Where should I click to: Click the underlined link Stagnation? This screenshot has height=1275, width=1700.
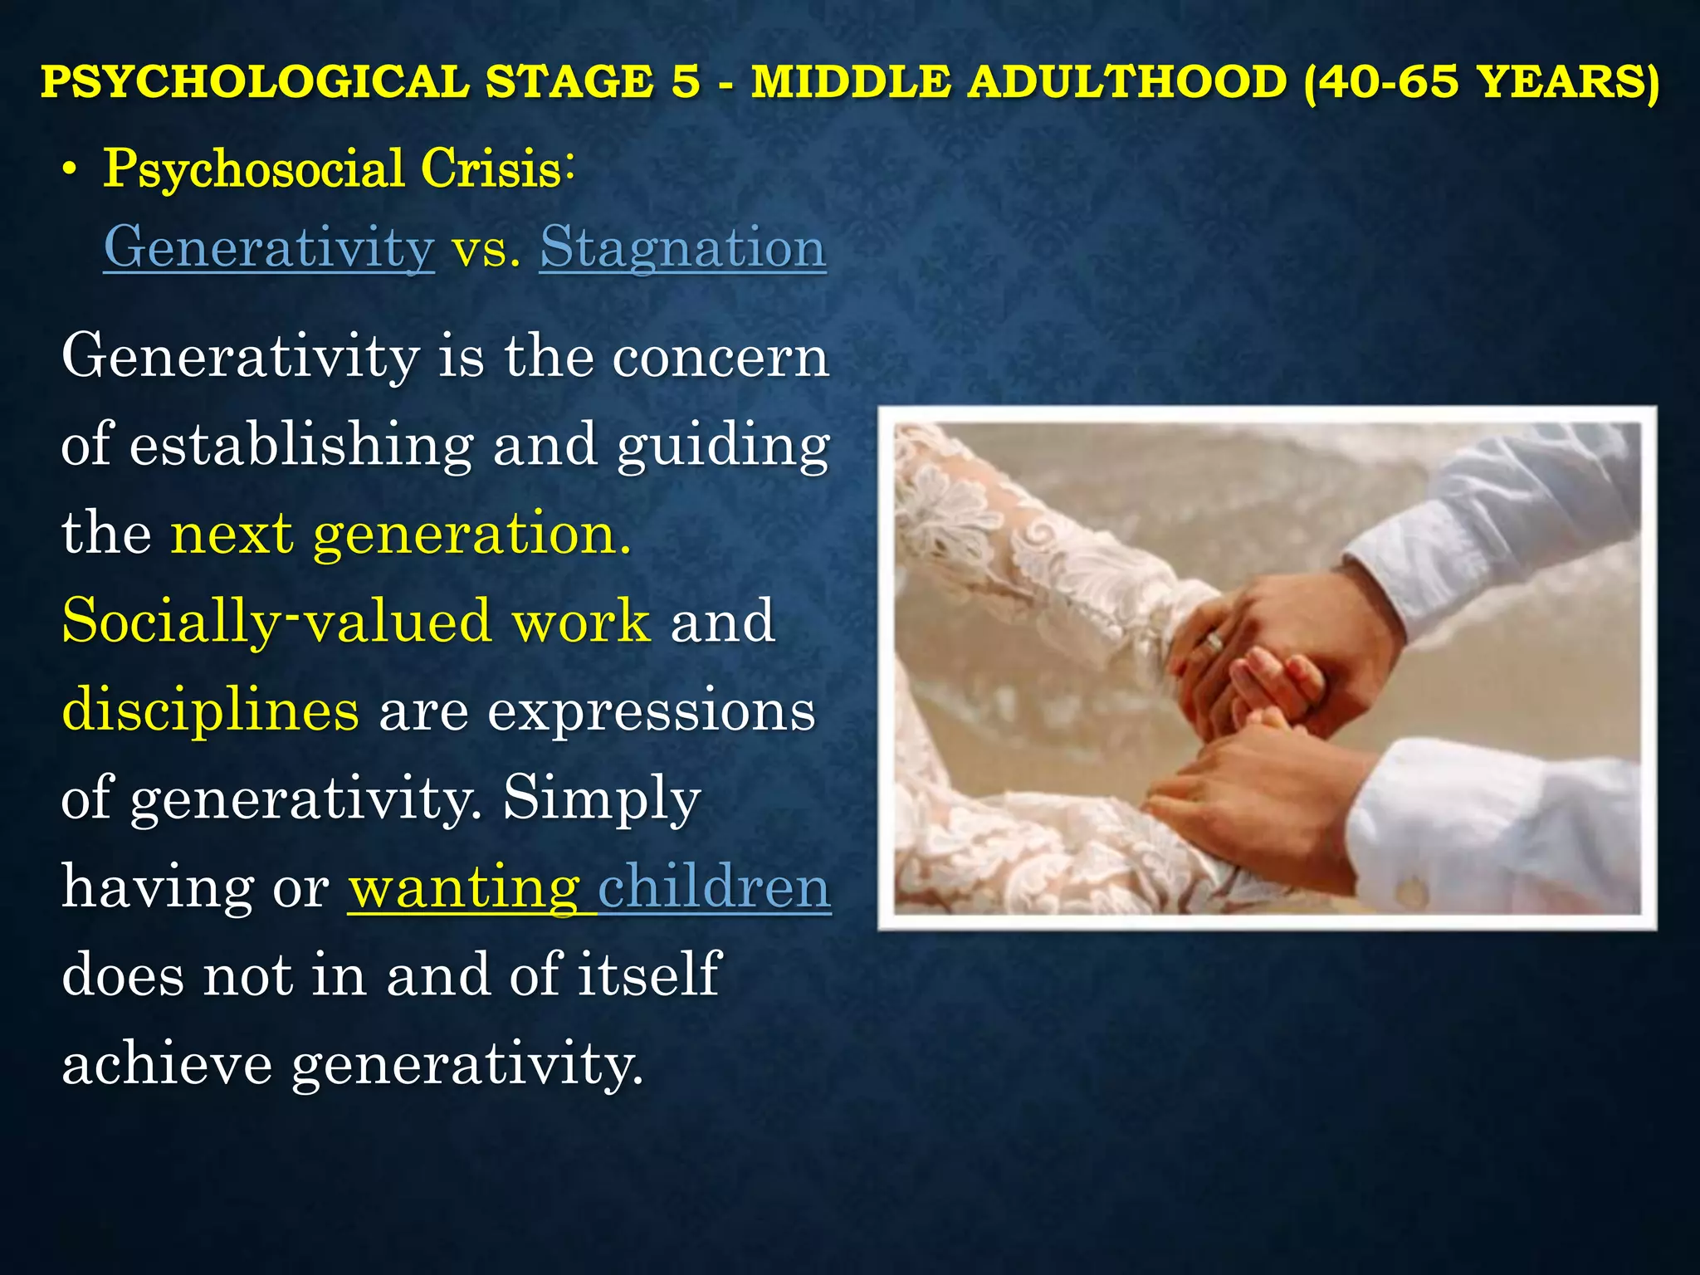682,247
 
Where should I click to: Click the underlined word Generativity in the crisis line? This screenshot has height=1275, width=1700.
269,247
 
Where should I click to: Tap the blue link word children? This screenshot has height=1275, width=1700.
714,887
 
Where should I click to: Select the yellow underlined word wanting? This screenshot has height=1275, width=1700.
464,887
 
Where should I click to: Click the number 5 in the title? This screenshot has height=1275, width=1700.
686,82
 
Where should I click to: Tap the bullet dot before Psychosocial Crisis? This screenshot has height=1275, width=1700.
71,170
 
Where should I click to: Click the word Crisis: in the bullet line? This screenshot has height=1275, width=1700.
496,169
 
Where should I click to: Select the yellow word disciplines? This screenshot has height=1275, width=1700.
211,711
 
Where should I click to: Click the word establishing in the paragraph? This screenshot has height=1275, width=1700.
301,445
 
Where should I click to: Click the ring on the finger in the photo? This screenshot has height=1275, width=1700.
1214,642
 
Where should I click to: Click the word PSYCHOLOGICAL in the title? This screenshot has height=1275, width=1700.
255,82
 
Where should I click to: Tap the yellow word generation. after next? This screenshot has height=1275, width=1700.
471,534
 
